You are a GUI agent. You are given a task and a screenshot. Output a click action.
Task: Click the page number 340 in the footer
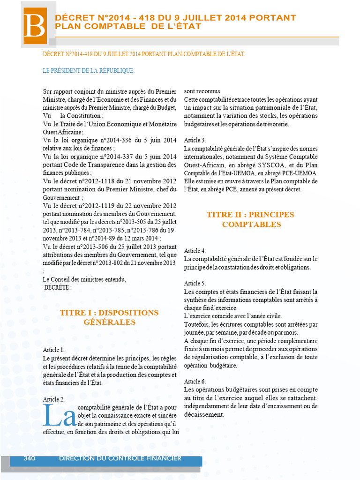(30, 458)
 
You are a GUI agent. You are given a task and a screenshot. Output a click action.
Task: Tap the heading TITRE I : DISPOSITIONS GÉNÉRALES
(109, 317)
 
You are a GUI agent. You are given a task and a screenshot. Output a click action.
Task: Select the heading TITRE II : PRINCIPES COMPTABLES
(251, 219)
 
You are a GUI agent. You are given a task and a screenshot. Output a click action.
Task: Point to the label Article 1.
(54, 350)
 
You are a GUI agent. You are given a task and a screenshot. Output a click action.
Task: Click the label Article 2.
(54, 399)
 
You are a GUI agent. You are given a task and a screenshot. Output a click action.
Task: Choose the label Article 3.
(195, 140)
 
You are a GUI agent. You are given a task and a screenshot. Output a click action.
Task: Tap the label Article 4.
(195, 251)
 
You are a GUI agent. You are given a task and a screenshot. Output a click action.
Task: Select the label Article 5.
(195, 284)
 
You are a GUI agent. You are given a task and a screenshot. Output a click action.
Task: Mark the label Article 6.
(195, 382)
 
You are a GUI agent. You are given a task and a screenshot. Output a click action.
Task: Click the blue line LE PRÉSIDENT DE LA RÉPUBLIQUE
(89, 71)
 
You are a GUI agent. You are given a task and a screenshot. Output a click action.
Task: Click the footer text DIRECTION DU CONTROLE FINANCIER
(120, 458)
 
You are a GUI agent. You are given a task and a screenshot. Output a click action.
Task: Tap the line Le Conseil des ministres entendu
(84, 279)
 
